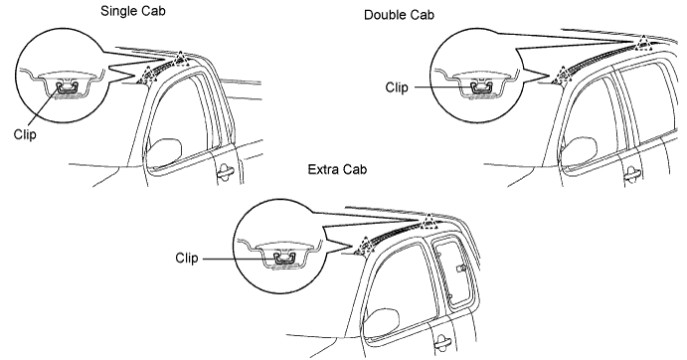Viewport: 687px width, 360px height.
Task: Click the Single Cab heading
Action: click(133, 11)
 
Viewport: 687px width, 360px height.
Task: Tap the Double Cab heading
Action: click(399, 15)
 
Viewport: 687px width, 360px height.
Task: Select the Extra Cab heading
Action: click(337, 169)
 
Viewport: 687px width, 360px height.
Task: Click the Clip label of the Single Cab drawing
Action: click(25, 134)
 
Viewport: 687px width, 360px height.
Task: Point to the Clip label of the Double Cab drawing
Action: click(397, 88)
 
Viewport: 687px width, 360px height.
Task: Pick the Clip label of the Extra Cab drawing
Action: click(187, 258)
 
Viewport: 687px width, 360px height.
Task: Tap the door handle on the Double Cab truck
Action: click(632, 173)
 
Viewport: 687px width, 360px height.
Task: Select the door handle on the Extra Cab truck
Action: click(443, 340)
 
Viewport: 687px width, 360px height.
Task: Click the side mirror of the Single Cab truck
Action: click(164, 150)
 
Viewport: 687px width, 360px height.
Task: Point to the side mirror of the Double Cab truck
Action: click(579, 150)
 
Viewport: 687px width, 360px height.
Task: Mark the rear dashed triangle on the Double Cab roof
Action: click(643, 44)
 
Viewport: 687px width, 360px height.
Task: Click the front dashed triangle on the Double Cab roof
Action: click(562, 76)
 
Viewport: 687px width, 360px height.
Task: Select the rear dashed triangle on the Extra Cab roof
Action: click(429, 223)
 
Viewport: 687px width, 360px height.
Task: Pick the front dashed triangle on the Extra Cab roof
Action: click(364, 247)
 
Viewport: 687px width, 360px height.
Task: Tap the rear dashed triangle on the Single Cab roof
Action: click(180, 59)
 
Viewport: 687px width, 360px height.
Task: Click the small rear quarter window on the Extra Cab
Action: click(453, 272)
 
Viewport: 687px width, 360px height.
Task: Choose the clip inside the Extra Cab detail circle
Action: click(285, 258)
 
